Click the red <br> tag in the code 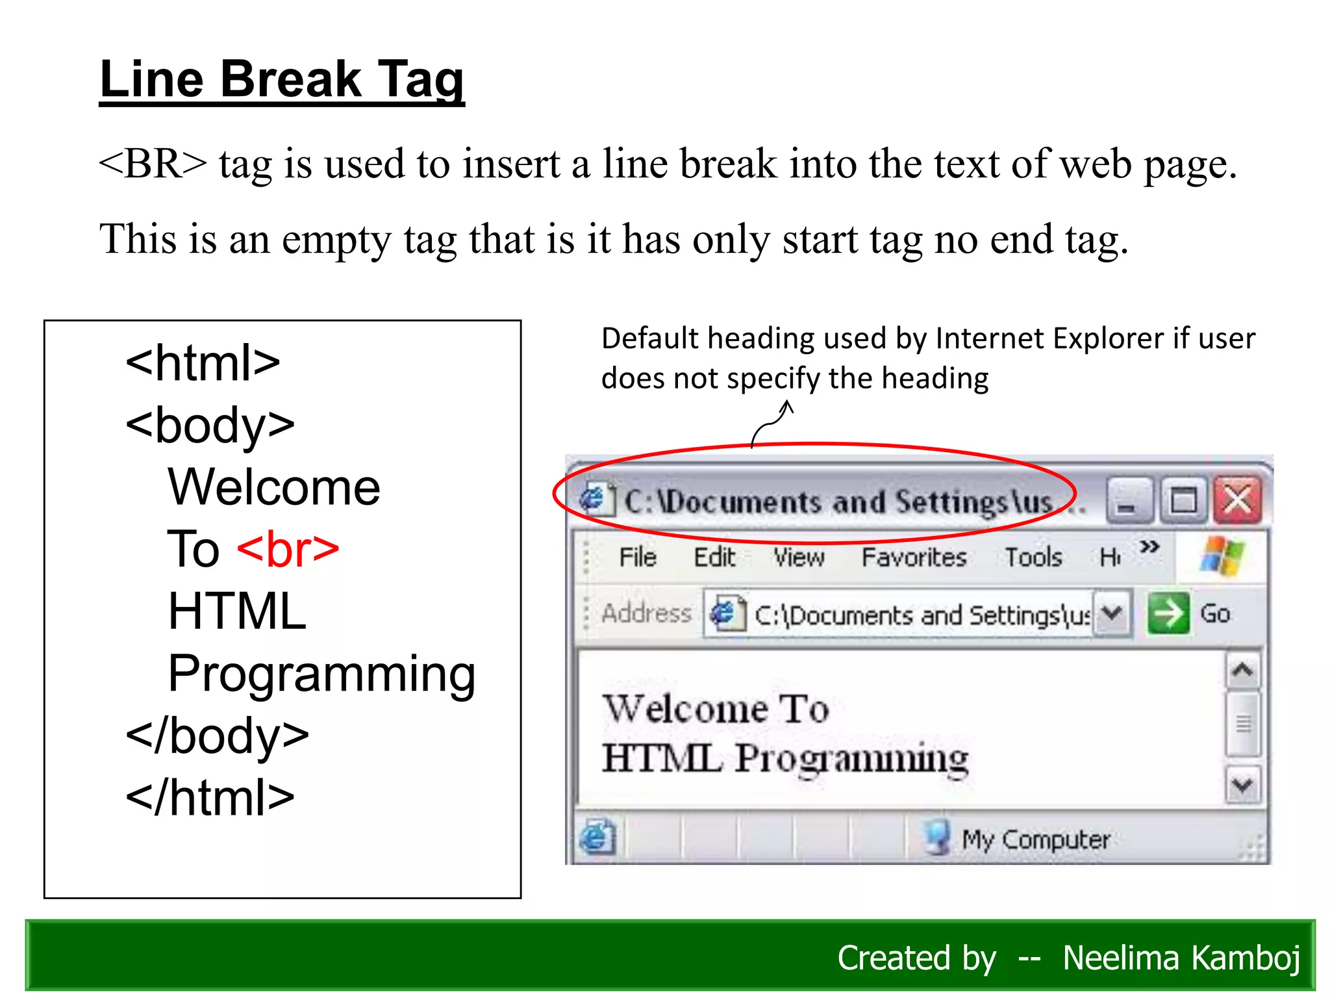tap(288, 550)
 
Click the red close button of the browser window tap(1238, 500)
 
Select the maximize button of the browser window tap(1183, 500)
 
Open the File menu tap(637, 557)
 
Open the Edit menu tap(714, 557)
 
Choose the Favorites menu tap(914, 557)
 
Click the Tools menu tap(1033, 557)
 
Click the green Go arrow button tap(1168, 613)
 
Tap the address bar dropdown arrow tap(1112, 613)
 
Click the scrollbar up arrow tap(1242, 670)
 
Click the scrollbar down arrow tap(1242, 786)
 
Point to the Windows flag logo tap(1222, 556)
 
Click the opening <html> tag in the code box tap(203, 363)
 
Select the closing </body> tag tap(217, 736)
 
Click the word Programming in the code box tap(321, 674)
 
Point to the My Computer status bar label tap(1035, 839)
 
